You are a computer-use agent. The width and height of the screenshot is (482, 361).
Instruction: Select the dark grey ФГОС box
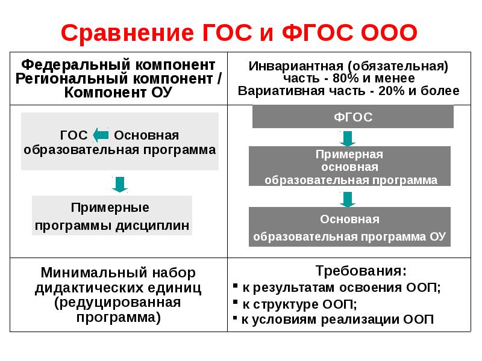[x=352, y=117]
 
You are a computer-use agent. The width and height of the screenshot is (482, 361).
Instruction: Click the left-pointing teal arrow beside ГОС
[x=100, y=135]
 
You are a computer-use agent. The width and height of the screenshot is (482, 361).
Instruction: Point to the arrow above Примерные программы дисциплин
[x=119, y=184]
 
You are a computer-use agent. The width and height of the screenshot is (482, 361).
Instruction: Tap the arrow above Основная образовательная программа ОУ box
[x=347, y=199]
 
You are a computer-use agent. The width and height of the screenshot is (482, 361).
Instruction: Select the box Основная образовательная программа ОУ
[x=349, y=227]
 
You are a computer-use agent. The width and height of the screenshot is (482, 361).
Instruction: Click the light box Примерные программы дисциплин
[x=112, y=216]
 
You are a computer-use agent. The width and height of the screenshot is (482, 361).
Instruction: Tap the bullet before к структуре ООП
[x=236, y=303]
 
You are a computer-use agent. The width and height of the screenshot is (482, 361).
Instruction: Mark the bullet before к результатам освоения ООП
[x=236, y=288]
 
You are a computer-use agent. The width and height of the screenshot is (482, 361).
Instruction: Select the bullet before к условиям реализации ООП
[x=236, y=319]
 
